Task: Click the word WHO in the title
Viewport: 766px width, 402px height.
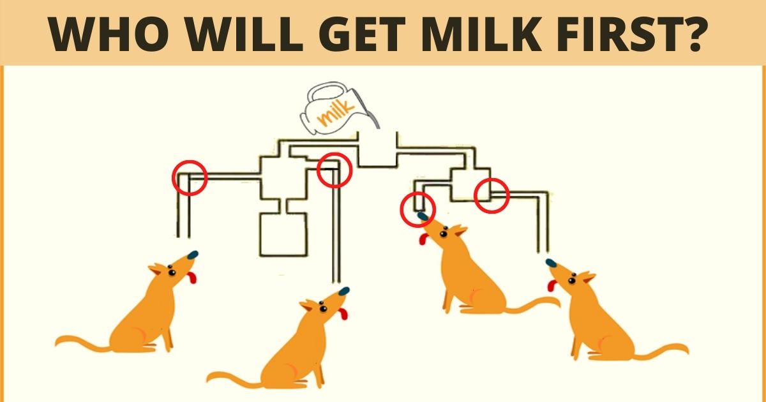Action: [108, 34]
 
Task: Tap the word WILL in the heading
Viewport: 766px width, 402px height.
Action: [244, 34]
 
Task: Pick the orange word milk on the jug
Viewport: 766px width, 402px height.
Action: [336, 112]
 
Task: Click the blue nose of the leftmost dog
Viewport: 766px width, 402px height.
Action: [193, 255]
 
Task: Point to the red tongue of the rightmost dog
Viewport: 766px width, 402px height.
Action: [551, 285]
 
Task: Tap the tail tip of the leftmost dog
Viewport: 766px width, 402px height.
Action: [58, 343]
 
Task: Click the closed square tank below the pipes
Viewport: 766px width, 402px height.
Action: [283, 234]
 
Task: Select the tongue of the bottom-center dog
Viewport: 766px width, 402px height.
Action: [343, 313]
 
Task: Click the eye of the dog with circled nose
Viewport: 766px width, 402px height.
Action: [443, 234]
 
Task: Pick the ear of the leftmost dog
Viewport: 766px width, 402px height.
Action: [156, 270]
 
